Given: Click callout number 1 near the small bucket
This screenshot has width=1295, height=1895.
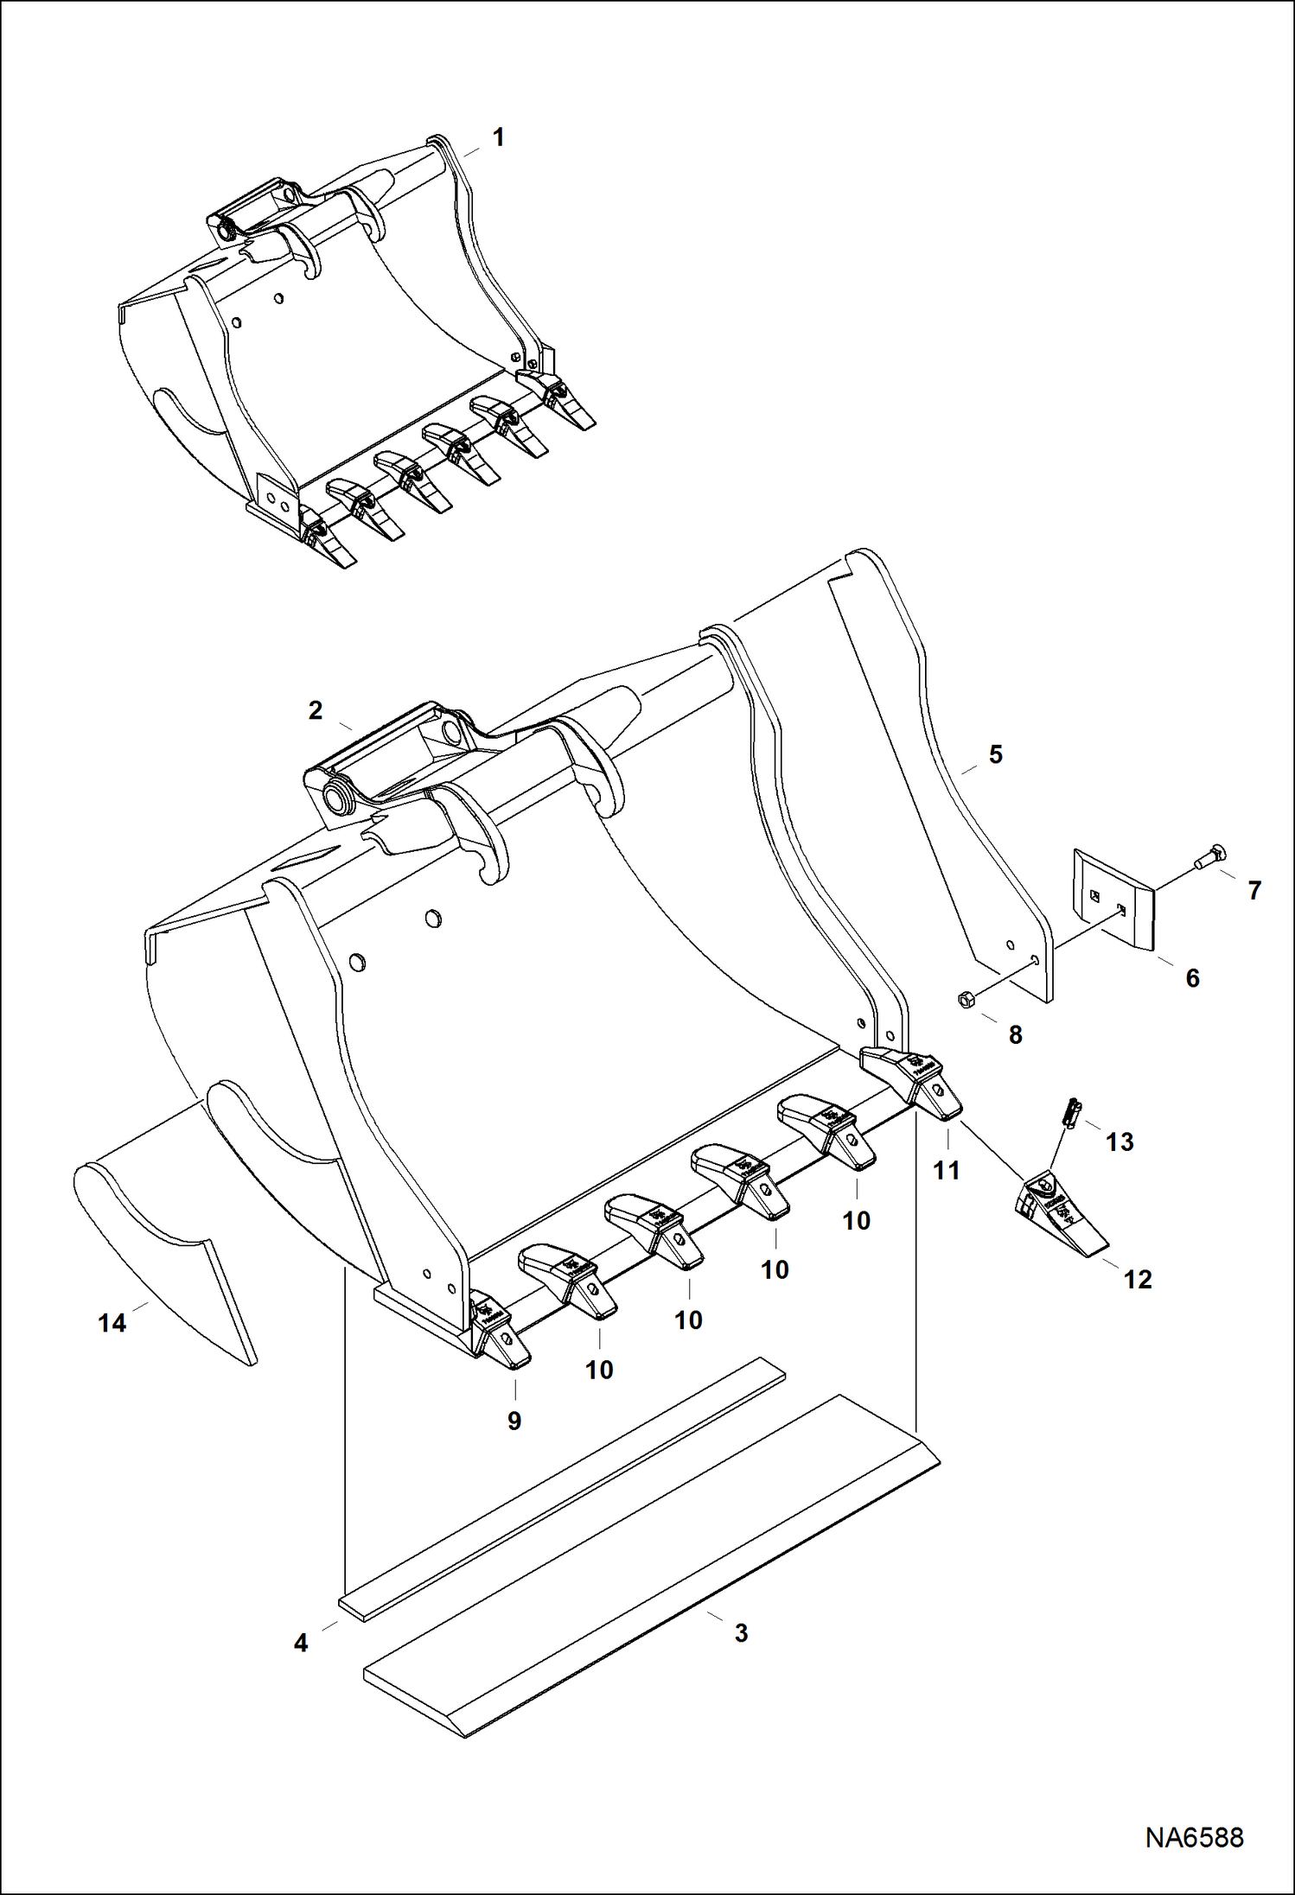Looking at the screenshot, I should pyautogui.click(x=498, y=138).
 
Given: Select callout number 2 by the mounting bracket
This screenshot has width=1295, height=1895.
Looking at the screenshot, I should pyautogui.click(x=316, y=710).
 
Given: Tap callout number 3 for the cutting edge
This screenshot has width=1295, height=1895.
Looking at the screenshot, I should pyautogui.click(x=741, y=1633).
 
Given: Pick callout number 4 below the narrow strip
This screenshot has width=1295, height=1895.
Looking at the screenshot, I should pyautogui.click(x=301, y=1643).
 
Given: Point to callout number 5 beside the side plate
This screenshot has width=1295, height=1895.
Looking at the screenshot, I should pyautogui.click(x=995, y=754).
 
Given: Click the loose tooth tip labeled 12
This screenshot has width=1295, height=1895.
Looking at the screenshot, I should pyautogui.click(x=1059, y=1211).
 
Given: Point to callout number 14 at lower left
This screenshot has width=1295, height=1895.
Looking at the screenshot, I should pyautogui.click(x=112, y=1323).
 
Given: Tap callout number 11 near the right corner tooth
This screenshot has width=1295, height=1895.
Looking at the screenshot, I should pyautogui.click(x=947, y=1171).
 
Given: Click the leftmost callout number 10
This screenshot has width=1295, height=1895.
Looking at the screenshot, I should pyautogui.click(x=599, y=1370).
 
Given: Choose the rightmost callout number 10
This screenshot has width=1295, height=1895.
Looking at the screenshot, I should pyautogui.click(x=856, y=1221).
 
